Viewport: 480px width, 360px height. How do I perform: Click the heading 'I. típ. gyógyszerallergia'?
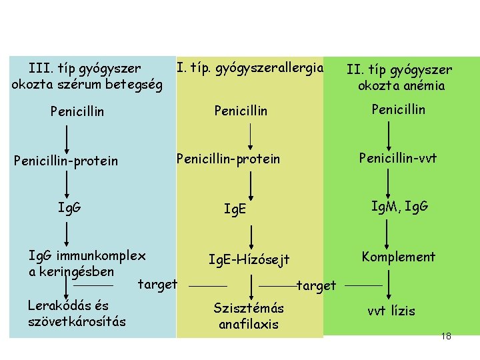pos(249,68)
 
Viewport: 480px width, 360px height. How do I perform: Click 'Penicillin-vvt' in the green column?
pos(398,158)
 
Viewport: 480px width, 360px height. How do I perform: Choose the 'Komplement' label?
pos(398,257)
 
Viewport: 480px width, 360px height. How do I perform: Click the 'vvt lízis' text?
pos(391,311)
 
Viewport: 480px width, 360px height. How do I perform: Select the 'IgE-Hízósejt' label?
pos(249,259)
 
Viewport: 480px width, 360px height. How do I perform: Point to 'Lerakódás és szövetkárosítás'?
pos(77,314)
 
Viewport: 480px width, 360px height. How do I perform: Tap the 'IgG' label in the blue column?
pos(69,207)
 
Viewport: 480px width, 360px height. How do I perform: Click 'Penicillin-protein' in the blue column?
pos(66,161)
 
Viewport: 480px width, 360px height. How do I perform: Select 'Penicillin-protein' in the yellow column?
pos(228,159)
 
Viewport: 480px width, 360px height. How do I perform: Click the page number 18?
pos(446,336)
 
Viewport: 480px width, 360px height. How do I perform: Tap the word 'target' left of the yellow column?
pos(157,285)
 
